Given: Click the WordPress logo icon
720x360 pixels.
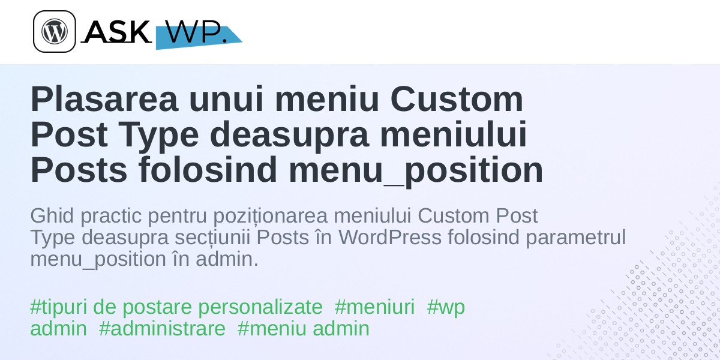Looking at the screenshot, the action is tap(55, 31).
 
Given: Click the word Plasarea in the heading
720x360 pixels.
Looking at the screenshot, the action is tap(104, 100).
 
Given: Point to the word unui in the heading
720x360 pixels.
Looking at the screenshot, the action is tap(226, 100).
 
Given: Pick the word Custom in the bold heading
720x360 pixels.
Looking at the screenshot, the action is tap(457, 100).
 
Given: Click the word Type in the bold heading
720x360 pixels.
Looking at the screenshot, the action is tap(160, 135).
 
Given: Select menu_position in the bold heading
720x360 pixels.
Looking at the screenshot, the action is tap(416, 170).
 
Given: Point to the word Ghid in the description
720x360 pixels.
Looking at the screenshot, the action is tap(52, 215).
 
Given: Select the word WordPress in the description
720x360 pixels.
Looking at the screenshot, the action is tap(390, 237).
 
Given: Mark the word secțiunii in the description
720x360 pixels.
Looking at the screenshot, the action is tap(212, 238).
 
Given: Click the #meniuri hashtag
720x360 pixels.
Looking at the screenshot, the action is tap(374, 307).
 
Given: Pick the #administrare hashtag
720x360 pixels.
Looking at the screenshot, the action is tap(163, 329).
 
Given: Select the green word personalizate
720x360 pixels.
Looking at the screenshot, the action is tap(260, 308).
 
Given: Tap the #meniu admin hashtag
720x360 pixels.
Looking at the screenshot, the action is tap(304, 329).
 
